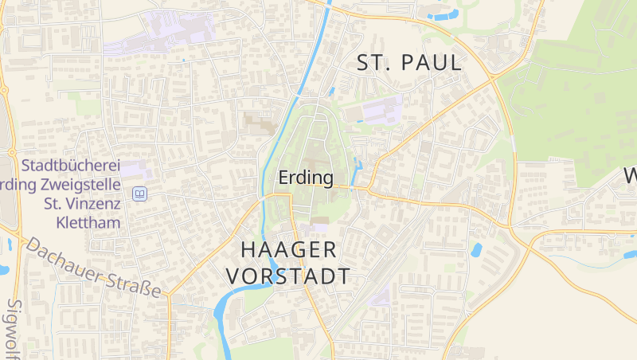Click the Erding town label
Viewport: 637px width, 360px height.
tap(306, 178)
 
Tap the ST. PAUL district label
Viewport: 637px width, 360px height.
tap(409, 64)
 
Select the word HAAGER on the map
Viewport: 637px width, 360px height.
tap(288, 249)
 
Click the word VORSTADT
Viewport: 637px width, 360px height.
tap(288, 276)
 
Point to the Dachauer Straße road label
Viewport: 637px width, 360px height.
tap(93, 267)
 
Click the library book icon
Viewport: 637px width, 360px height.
tap(140, 194)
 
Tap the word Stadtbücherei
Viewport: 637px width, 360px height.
tap(71, 166)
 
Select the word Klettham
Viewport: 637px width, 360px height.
tap(88, 222)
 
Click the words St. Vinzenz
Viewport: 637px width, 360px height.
tap(81, 204)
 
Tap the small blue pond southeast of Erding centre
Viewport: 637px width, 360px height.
tap(476, 249)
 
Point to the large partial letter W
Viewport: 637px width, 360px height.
tap(629, 175)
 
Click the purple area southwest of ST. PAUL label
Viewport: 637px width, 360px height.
tap(383, 111)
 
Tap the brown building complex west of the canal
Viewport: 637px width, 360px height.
tap(259, 124)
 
